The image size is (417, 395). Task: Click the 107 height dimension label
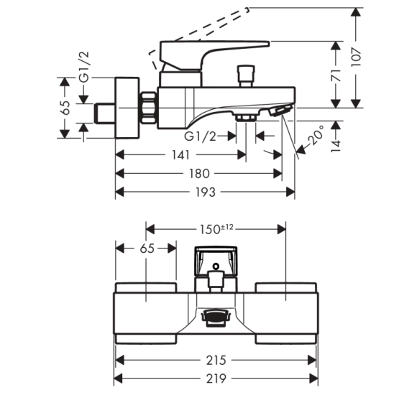[x=356, y=57]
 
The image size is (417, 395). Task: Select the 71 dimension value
[x=336, y=75]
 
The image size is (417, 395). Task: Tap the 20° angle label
[x=317, y=136]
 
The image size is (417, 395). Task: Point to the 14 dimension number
[x=336, y=146]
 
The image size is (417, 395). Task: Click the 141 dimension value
[x=181, y=155]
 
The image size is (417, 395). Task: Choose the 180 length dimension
[x=199, y=174]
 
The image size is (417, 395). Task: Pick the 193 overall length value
[x=206, y=192]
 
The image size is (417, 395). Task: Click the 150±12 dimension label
[x=216, y=229]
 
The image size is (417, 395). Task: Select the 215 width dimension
[x=216, y=361]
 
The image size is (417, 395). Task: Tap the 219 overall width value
[x=216, y=378]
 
